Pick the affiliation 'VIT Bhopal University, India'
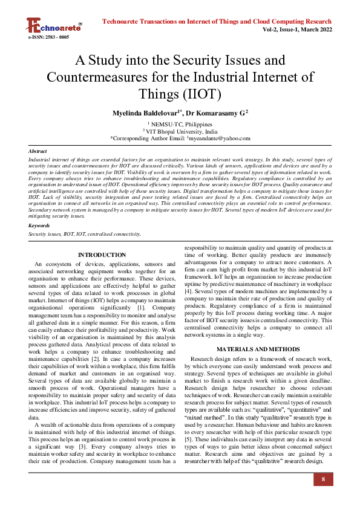pyautogui.click(x=181, y=131)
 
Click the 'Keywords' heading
pyautogui.click(x=39, y=225)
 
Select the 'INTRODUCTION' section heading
pyautogui.click(x=102, y=255)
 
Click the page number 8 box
pyautogui.click(x=323, y=479)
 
